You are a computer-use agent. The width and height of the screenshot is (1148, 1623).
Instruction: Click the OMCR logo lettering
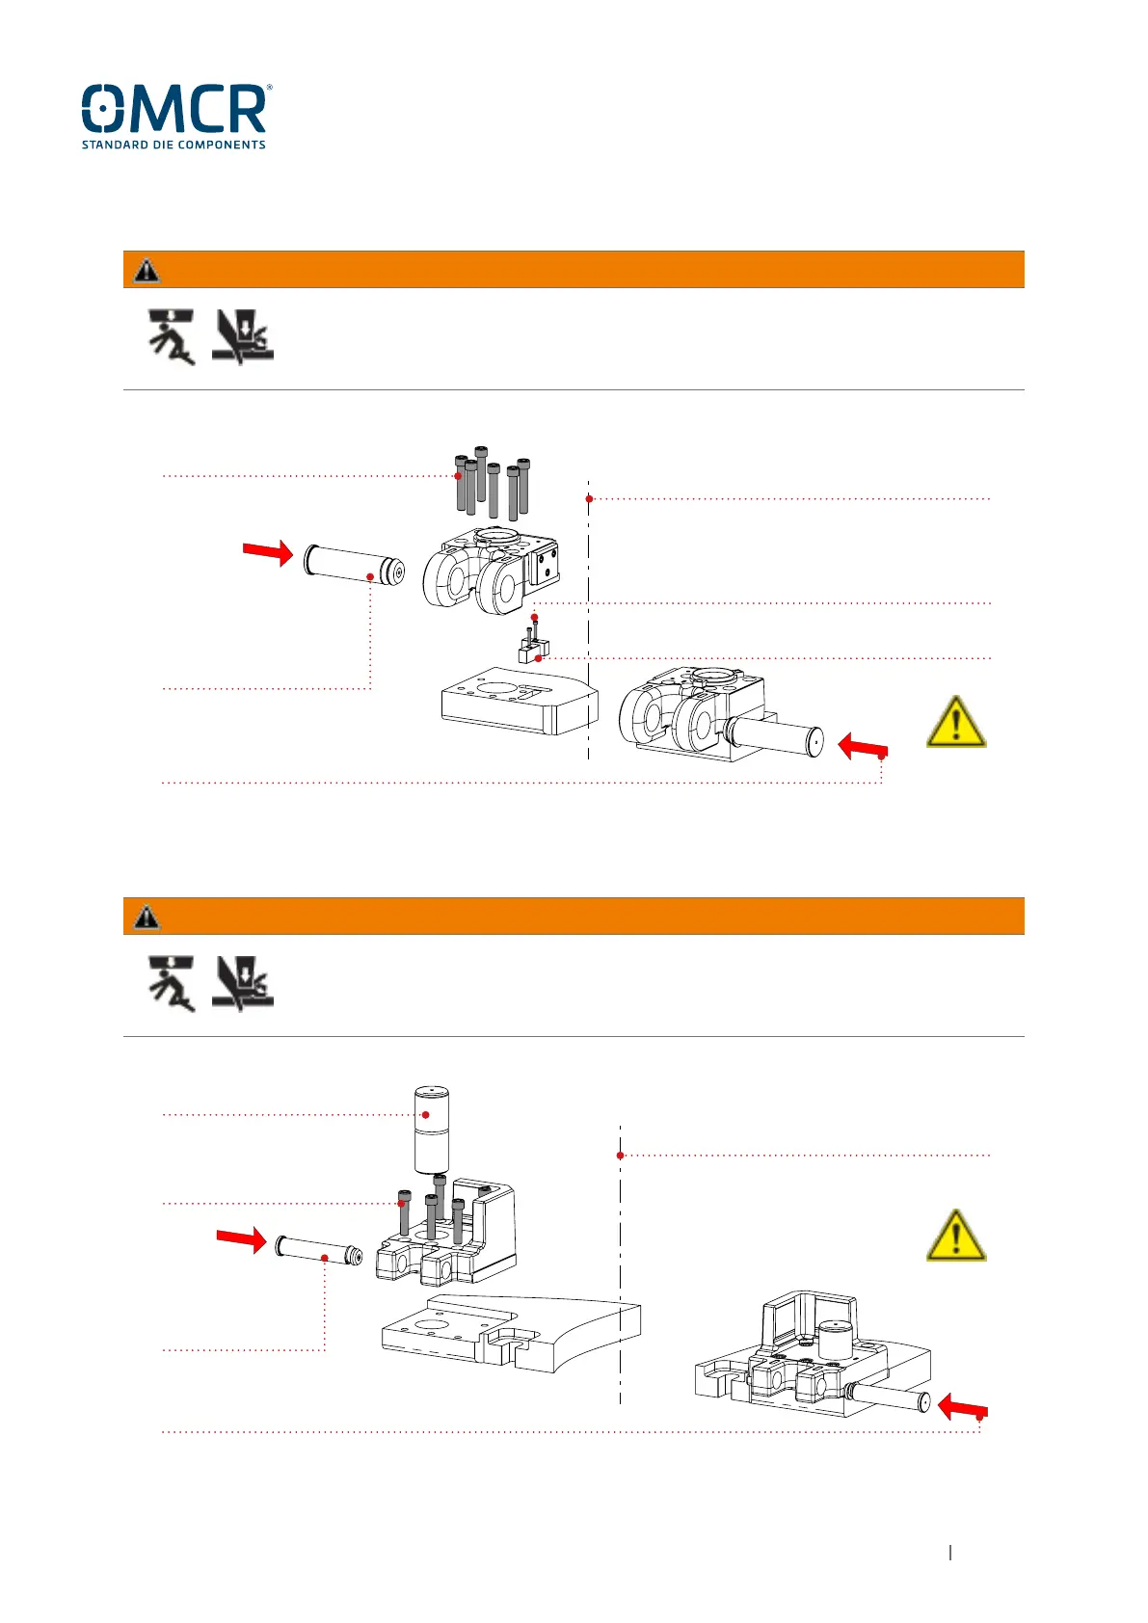tap(174, 109)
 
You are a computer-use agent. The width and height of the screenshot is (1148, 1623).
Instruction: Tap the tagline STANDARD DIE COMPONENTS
tap(174, 145)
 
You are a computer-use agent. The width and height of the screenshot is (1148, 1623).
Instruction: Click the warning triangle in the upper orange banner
tap(147, 270)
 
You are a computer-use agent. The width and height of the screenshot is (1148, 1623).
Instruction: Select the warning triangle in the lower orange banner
tap(147, 917)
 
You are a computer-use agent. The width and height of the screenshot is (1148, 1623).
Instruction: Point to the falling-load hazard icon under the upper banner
tap(172, 336)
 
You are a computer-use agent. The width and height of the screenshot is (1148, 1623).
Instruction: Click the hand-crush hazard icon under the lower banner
tap(243, 983)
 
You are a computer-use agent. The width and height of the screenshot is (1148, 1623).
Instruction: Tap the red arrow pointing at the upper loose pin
tap(267, 552)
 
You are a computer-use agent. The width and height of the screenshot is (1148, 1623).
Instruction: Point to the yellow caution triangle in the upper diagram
tap(955, 723)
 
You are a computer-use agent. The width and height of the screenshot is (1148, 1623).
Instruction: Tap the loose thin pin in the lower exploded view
tap(319, 1250)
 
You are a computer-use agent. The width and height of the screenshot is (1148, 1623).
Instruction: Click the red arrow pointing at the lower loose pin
tap(241, 1239)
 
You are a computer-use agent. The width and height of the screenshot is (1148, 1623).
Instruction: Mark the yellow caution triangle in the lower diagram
tap(955, 1236)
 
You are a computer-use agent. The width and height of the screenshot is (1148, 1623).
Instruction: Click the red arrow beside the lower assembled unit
tap(961, 1407)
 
